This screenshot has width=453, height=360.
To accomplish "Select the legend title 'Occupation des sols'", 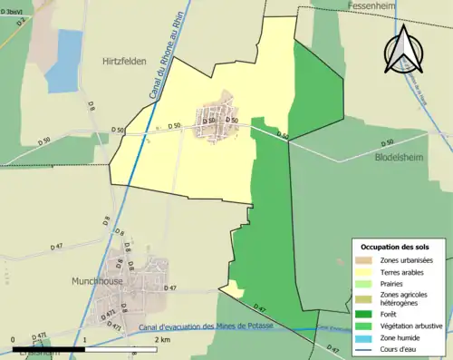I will click(397, 246).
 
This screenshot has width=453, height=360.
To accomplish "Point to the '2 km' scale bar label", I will click(162, 339).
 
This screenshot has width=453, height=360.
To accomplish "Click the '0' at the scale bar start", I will click(13, 339).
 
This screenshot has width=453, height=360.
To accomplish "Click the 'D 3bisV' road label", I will click(13, 11).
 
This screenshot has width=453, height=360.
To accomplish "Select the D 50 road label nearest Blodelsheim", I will click(388, 142).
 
